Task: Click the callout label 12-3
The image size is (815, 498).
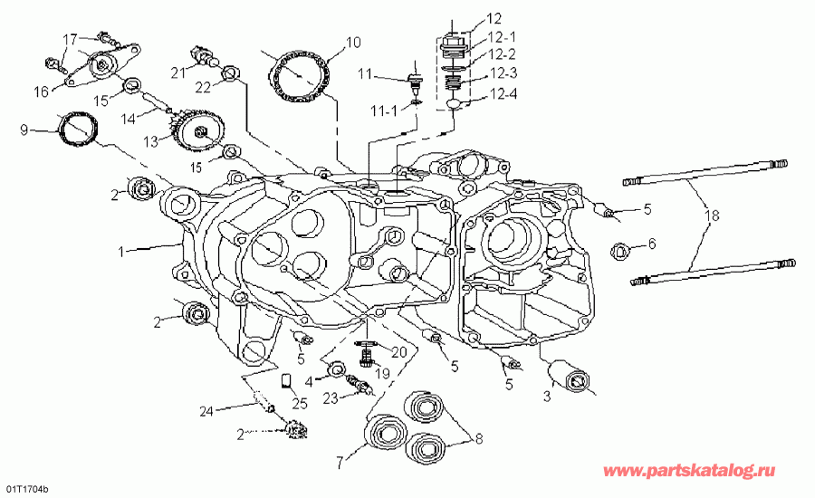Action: click(504, 72)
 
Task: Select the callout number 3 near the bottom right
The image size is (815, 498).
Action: click(546, 396)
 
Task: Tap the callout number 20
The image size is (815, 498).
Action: click(398, 351)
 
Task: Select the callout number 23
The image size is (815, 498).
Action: click(331, 397)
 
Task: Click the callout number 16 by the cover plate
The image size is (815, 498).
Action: click(42, 91)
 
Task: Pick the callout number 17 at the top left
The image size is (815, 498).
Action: click(70, 38)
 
